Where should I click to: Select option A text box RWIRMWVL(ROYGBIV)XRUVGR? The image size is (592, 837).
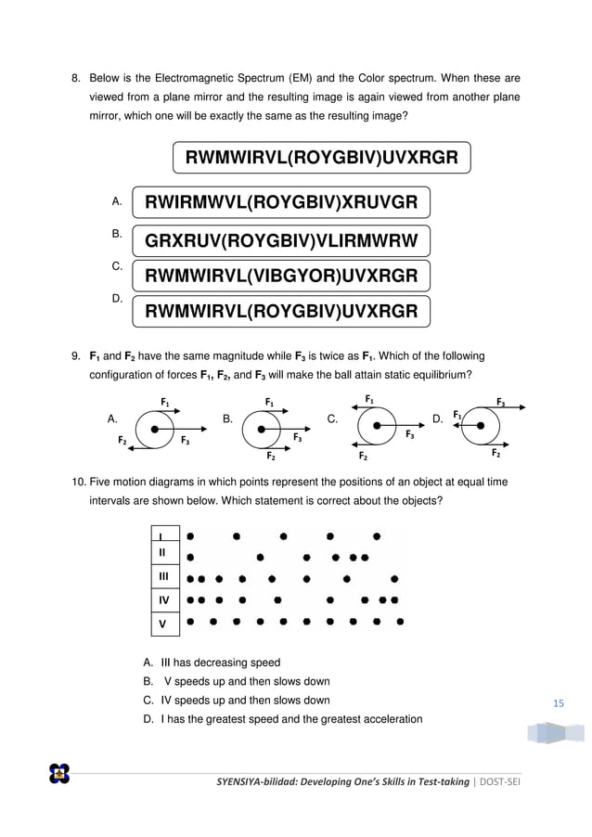point(280,202)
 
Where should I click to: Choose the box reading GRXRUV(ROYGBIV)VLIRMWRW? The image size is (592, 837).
point(281,241)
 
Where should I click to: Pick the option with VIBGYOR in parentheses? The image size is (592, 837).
point(281,276)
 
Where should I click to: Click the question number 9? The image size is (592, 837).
point(78,355)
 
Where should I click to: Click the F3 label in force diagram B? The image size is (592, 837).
point(298,436)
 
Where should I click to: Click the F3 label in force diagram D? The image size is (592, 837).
point(501,403)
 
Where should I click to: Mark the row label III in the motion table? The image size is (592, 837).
point(162,577)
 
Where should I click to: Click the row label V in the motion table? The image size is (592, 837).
point(162,624)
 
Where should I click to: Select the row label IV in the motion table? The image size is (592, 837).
point(162,600)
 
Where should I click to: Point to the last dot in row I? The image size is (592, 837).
point(376,535)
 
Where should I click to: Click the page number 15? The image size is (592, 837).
point(558,703)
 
